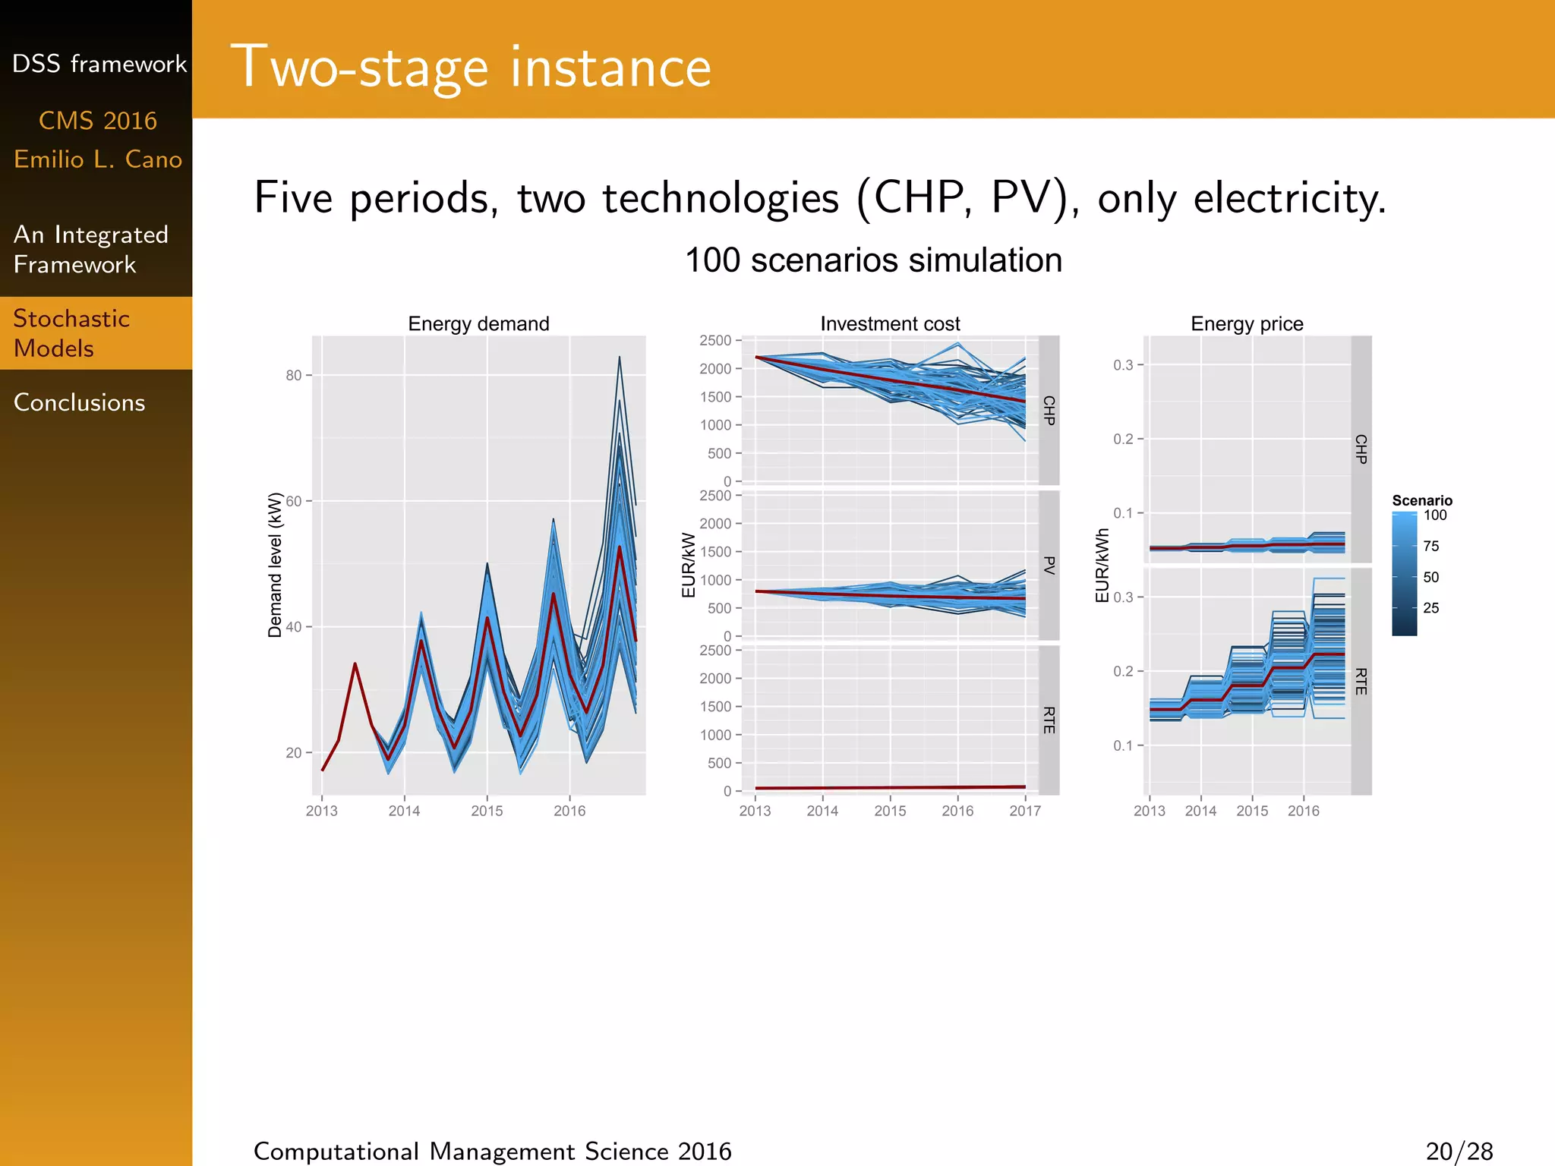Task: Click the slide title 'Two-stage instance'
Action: [471, 67]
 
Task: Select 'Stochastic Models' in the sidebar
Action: [71, 333]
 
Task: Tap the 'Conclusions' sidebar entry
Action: [79, 402]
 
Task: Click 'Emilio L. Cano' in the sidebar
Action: [98, 159]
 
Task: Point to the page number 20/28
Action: [1459, 1151]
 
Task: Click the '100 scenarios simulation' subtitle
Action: [873, 260]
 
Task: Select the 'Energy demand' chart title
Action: [478, 323]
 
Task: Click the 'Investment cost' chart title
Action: [890, 323]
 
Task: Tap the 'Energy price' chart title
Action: [1247, 323]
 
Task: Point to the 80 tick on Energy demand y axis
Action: [294, 375]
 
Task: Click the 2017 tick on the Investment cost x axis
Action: [1024, 811]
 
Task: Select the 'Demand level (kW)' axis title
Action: [275, 565]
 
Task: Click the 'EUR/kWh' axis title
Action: [1102, 566]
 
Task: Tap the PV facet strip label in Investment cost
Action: [1049, 565]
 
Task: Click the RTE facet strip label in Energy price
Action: [1361, 681]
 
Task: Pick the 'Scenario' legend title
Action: [1421, 500]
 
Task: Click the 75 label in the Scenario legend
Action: [1430, 546]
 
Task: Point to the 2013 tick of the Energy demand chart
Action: [321, 811]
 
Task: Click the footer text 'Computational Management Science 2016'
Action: [492, 1151]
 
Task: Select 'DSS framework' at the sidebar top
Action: [99, 64]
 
